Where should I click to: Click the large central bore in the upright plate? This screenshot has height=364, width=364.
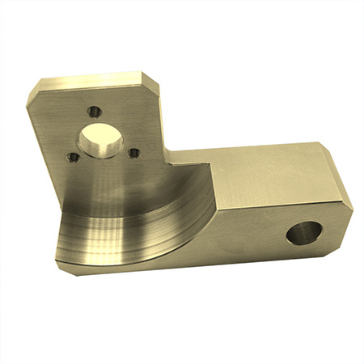point(101,142)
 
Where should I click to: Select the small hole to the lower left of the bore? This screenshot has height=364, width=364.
point(73,157)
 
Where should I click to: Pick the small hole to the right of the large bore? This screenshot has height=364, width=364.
point(134,152)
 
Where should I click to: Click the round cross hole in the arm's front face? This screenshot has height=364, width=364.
point(305,233)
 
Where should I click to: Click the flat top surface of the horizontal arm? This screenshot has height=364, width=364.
point(259,174)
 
